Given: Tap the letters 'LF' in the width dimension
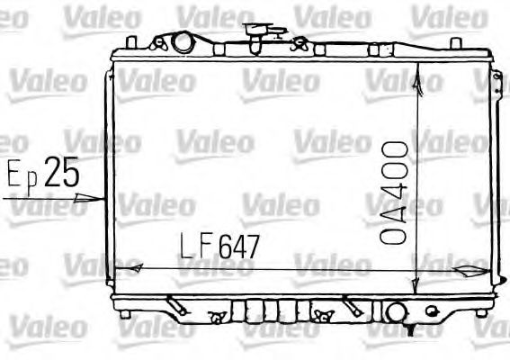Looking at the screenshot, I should tap(195, 245).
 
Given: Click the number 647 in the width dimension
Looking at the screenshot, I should tap(237, 245).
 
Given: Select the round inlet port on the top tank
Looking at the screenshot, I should tap(183, 41).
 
